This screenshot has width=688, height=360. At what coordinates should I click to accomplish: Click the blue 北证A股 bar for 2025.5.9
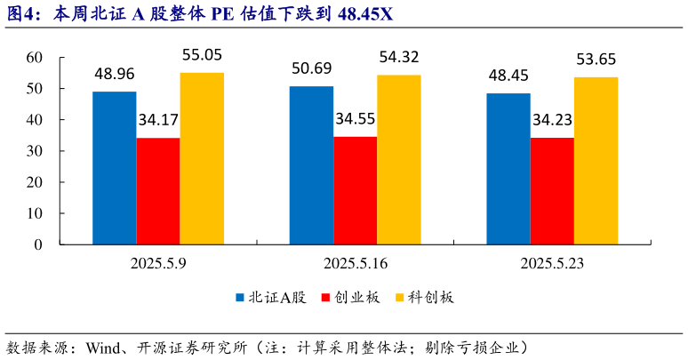point(115,168)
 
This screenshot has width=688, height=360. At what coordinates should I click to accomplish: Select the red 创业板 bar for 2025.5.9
point(158,191)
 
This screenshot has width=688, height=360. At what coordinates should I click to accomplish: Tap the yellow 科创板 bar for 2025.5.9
point(202,158)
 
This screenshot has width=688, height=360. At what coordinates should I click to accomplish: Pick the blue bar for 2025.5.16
point(311,165)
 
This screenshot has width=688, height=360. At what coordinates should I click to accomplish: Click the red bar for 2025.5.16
point(355,190)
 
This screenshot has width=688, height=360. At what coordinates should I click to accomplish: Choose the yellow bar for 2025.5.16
point(398,159)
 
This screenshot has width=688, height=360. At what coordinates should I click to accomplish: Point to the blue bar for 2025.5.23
point(508,169)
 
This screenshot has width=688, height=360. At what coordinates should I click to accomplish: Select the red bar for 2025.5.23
point(551,191)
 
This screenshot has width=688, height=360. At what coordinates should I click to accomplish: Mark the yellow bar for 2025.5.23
point(595,161)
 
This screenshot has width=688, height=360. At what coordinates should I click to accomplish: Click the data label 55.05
point(202,55)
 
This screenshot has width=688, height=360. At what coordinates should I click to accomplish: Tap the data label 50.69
point(311,68)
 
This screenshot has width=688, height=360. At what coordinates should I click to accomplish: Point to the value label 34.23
point(552,119)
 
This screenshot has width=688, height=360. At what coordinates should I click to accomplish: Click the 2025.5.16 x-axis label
point(355,263)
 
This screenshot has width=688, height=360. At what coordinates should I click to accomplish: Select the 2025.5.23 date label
point(551,263)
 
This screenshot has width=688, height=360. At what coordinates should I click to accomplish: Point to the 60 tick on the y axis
point(35,57)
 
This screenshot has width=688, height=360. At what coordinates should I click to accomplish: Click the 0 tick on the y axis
point(39,244)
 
